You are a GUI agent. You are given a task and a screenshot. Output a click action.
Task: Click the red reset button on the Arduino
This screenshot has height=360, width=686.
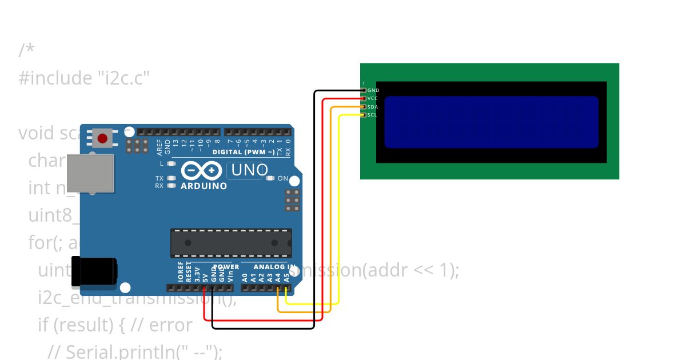[103, 138]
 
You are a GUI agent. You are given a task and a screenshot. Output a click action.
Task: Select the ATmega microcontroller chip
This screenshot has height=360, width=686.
[231, 242]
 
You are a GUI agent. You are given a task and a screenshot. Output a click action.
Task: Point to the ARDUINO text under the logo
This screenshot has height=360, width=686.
[204, 186]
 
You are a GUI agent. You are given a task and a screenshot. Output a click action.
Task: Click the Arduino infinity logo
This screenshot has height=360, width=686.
[201, 171]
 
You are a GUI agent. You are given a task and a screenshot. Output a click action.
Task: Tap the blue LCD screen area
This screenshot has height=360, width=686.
[491, 122]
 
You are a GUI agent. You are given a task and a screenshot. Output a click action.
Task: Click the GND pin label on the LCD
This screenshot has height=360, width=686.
[373, 90]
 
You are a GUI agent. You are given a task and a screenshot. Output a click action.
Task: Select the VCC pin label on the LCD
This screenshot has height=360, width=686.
[373, 98]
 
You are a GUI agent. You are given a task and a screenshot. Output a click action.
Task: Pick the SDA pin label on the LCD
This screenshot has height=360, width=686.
[373, 107]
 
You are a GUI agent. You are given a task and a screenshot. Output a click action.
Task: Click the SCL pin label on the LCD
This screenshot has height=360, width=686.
[372, 115]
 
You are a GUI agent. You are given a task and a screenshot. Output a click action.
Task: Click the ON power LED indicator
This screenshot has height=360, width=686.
[270, 178]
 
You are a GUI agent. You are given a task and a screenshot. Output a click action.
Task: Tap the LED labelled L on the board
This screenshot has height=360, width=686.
[171, 163]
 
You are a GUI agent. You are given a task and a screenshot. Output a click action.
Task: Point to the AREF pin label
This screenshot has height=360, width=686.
[159, 147]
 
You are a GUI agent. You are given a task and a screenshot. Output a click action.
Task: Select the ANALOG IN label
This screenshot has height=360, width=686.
[274, 267]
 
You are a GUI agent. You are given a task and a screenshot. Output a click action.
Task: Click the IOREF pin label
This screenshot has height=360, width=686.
[181, 272]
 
